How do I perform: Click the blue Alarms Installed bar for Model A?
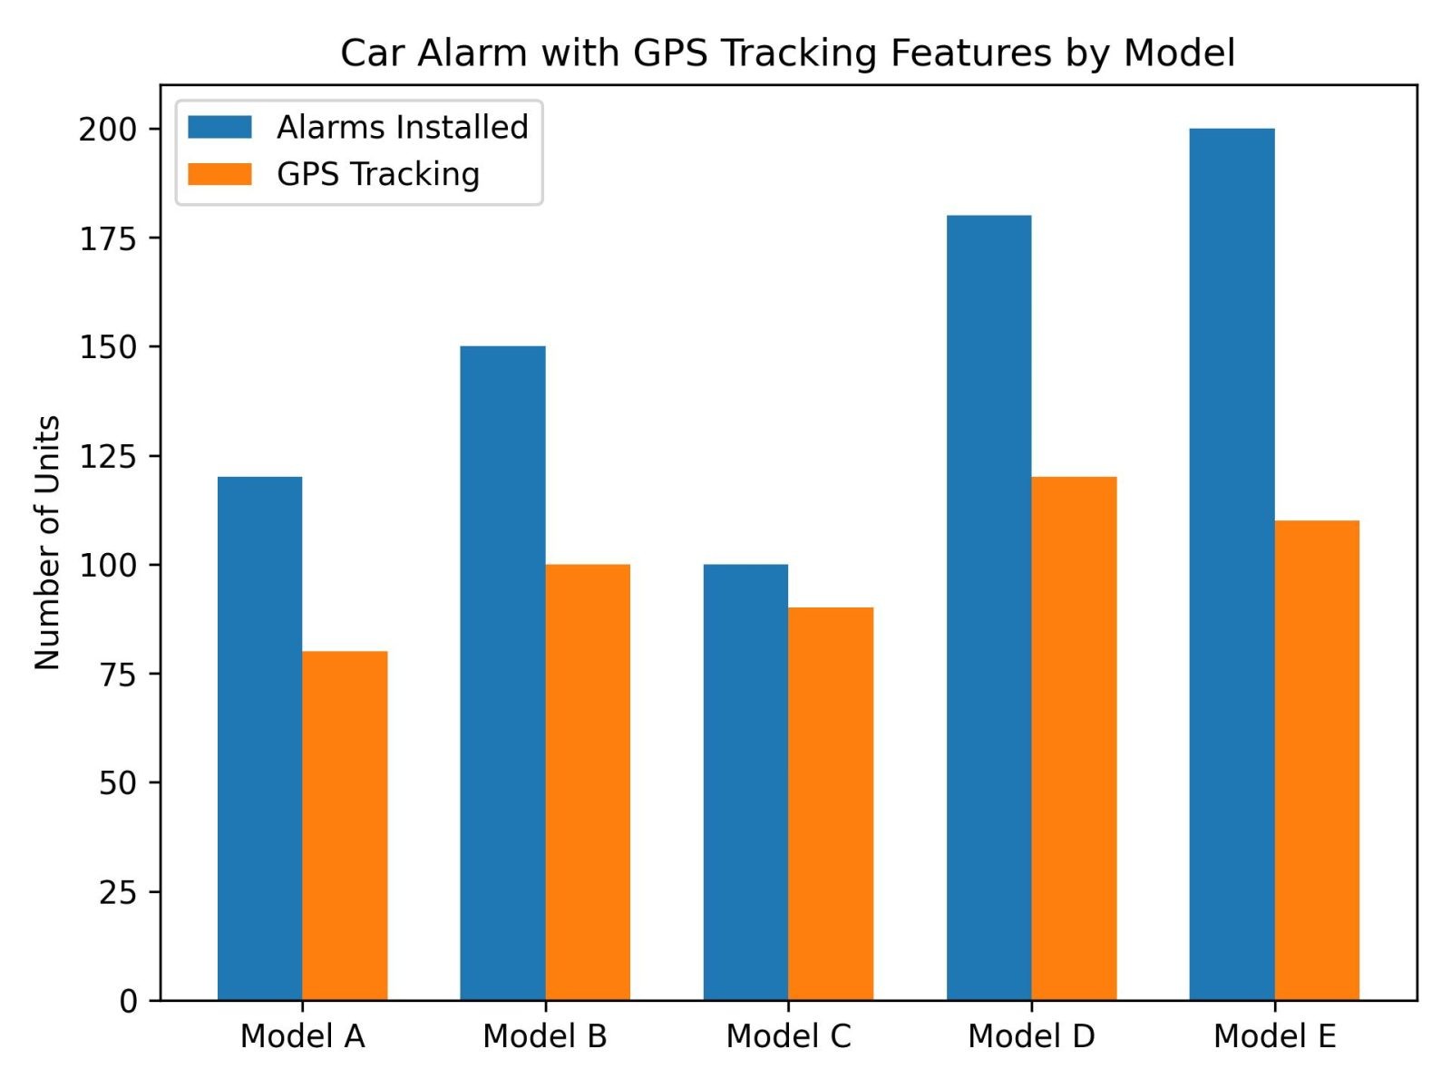tap(259, 738)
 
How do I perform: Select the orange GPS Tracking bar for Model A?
tap(345, 825)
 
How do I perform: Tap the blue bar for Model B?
tap(502, 673)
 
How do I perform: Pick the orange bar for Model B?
tap(588, 782)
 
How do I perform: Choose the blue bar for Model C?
tap(745, 782)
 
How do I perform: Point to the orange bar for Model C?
tap(831, 803)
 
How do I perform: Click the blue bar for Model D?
tap(988, 607)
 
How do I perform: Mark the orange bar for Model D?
tap(1074, 738)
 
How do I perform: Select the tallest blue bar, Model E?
tap(1232, 564)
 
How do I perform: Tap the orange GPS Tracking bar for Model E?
tap(1317, 760)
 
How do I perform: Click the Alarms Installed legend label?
tap(402, 127)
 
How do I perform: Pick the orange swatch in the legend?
tap(219, 174)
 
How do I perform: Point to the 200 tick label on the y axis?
tap(108, 130)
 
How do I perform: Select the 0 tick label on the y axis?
tap(129, 1001)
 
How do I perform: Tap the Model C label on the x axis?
tap(788, 1035)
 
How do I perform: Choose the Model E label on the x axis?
tap(1274, 1035)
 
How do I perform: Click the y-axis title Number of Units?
tap(47, 542)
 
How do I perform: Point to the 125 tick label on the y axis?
tap(108, 456)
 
